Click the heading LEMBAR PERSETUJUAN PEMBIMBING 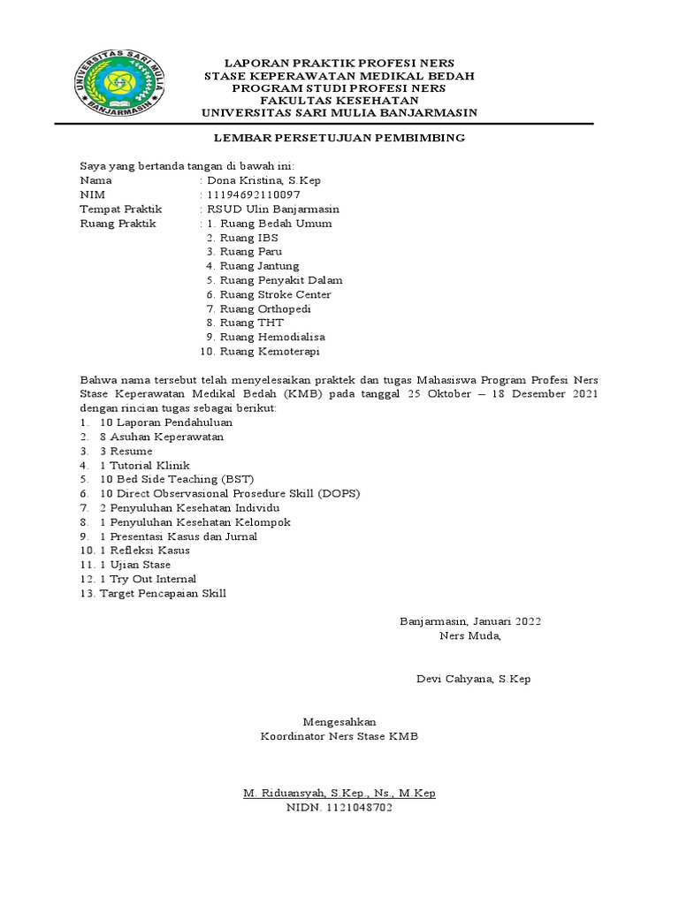pyautogui.click(x=339, y=139)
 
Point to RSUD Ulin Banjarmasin pyautogui.click(x=273, y=209)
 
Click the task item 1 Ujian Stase pyautogui.click(x=135, y=564)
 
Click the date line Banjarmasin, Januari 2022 pyautogui.click(x=469, y=620)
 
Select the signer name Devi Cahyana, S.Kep pyautogui.click(x=473, y=679)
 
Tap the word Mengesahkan pyautogui.click(x=339, y=721)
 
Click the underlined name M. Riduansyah pyautogui.click(x=280, y=793)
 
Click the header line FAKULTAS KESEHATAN pyautogui.click(x=339, y=101)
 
